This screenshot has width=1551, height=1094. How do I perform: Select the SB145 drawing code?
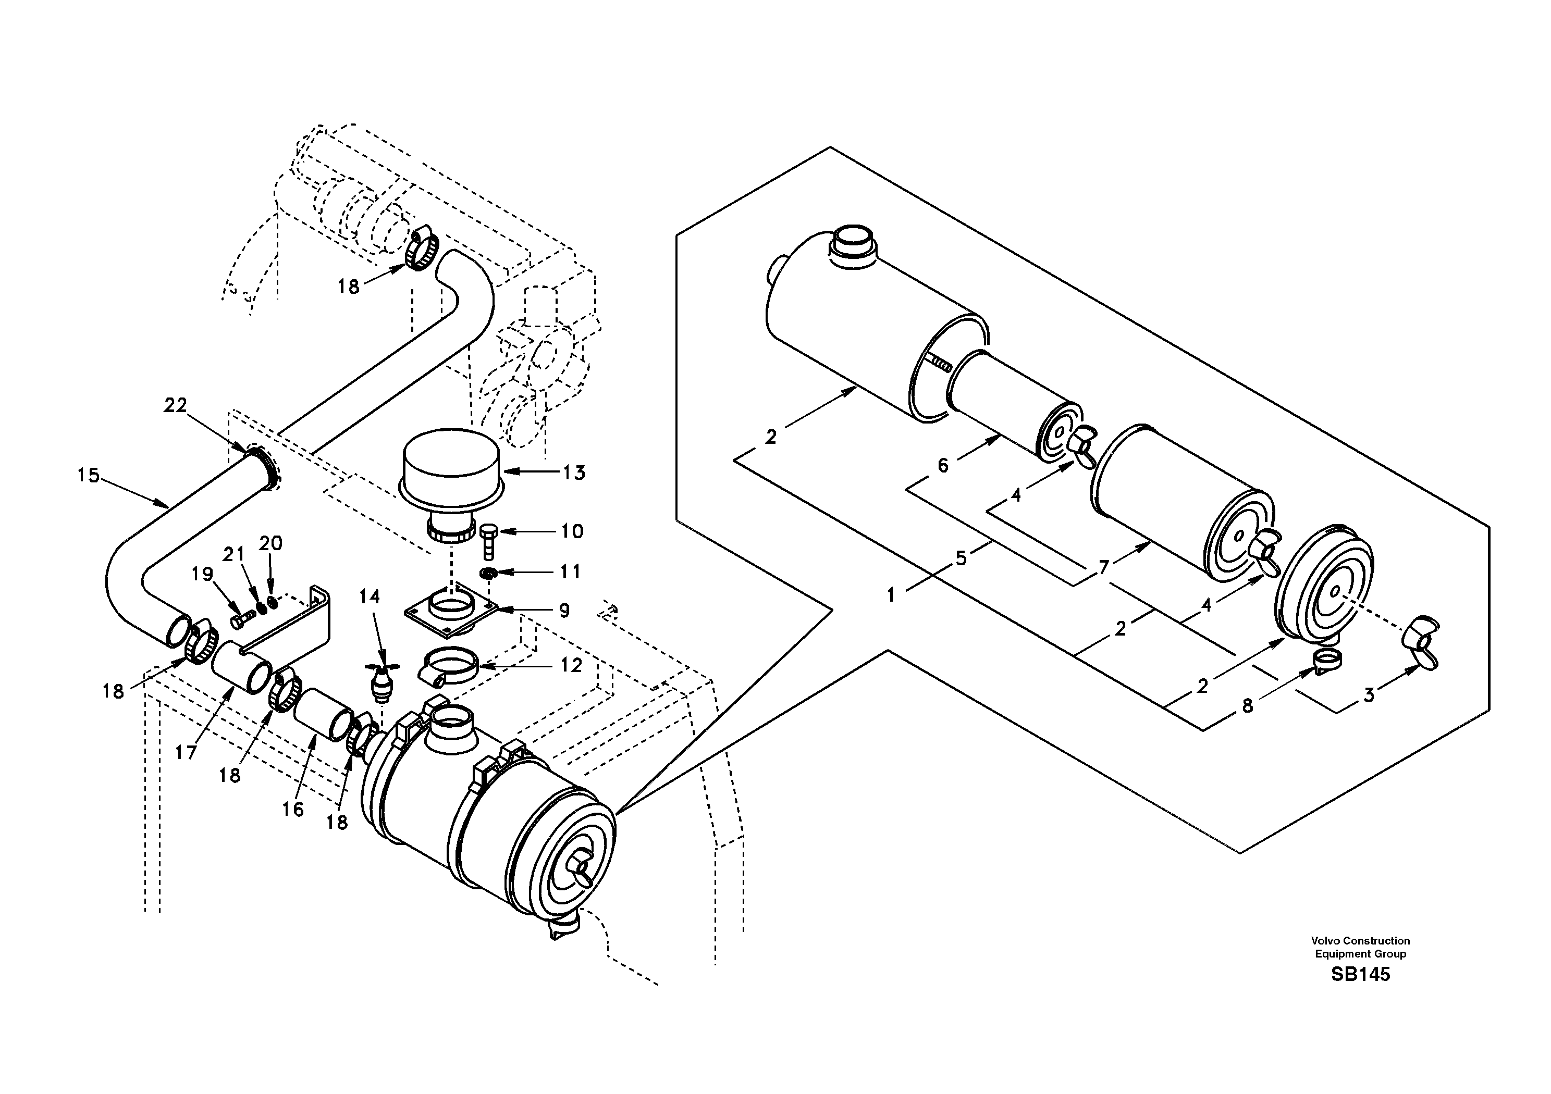[1360, 975]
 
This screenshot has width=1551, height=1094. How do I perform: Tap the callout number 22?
[175, 405]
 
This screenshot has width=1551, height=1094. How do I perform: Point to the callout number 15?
[88, 476]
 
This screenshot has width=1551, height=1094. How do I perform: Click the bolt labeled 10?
[488, 540]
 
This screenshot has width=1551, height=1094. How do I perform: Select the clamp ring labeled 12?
[449, 665]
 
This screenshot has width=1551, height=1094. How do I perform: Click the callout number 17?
[186, 752]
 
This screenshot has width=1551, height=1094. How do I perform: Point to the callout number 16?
[292, 809]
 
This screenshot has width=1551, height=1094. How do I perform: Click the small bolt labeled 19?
[240, 617]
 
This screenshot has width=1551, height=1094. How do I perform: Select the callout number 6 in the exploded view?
[943, 465]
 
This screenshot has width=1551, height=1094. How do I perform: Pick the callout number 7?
[1104, 567]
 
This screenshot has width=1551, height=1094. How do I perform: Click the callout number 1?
[891, 595]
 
